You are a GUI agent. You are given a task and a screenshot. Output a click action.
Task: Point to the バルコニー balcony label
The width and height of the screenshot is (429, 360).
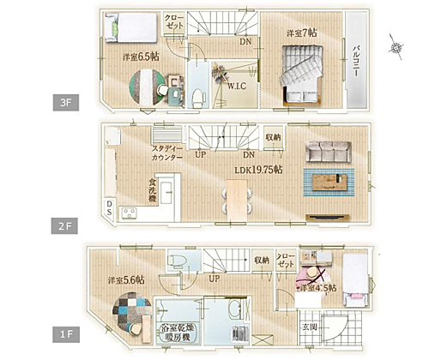354,62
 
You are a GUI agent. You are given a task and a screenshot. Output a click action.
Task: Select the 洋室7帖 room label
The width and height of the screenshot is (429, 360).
301,33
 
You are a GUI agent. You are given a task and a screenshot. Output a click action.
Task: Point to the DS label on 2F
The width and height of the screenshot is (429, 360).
110,207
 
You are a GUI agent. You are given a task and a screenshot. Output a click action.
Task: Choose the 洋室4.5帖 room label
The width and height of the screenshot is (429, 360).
317,289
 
